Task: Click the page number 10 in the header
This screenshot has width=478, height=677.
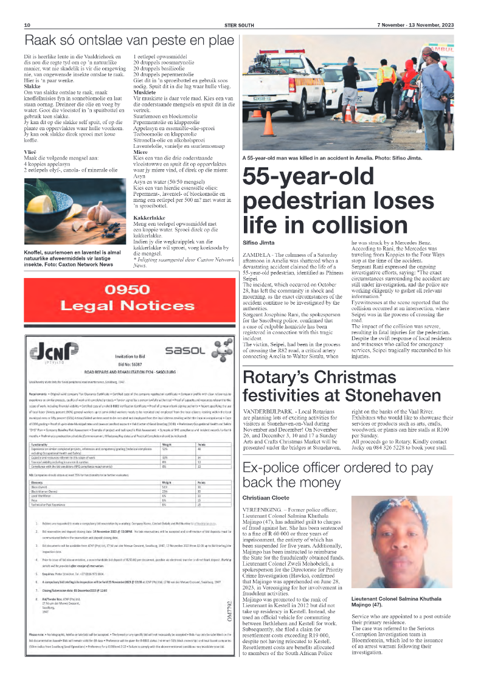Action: (x=27, y=25)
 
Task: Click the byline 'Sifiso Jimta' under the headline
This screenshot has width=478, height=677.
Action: (x=260, y=242)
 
